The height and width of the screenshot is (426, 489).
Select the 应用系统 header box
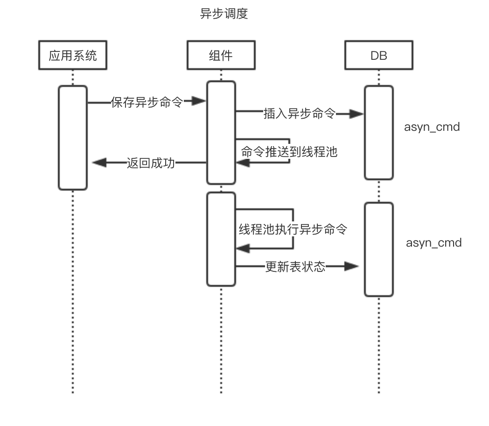click(73, 56)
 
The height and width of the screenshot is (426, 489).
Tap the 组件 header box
click(221, 56)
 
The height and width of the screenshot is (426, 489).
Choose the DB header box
click(378, 56)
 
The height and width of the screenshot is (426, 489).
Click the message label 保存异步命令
click(147, 102)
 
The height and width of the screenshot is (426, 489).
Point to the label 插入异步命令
click(299, 114)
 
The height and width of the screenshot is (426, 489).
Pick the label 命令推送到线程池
click(289, 151)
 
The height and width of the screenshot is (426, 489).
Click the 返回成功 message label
click(150, 163)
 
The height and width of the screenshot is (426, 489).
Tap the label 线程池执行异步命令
click(293, 229)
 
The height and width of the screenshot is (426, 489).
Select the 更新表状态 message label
click(295, 267)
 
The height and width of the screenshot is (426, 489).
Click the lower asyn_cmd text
click(433, 242)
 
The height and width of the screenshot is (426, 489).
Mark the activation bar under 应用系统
click(73, 138)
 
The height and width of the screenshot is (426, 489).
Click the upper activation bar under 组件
click(221, 133)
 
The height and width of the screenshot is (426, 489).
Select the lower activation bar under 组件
click(221, 239)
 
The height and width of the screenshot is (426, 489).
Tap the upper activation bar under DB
click(378, 132)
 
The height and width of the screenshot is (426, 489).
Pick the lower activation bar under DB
click(378, 249)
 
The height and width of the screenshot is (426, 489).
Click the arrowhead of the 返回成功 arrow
click(99, 163)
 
